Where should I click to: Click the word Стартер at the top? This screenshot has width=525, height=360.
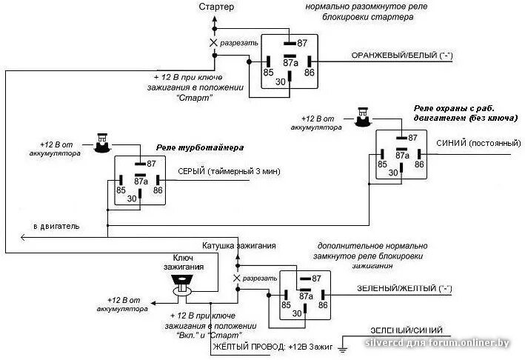[x=216, y=7]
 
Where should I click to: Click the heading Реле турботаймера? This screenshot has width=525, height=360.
[x=200, y=147]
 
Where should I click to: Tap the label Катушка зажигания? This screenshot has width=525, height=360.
[x=239, y=245]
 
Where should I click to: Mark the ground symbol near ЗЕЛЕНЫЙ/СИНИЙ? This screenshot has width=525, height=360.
[x=342, y=345]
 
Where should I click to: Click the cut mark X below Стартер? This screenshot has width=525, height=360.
[x=214, y=43]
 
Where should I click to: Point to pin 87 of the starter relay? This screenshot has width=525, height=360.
[x=301, y=44]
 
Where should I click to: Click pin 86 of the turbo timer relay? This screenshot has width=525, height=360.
[x=158, y=190]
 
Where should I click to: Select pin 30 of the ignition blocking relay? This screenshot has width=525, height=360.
[x=297, y=313]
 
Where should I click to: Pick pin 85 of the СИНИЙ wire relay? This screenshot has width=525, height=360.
[x=383, y=164]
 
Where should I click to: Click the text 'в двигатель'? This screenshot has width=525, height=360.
[x=56, y=224]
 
